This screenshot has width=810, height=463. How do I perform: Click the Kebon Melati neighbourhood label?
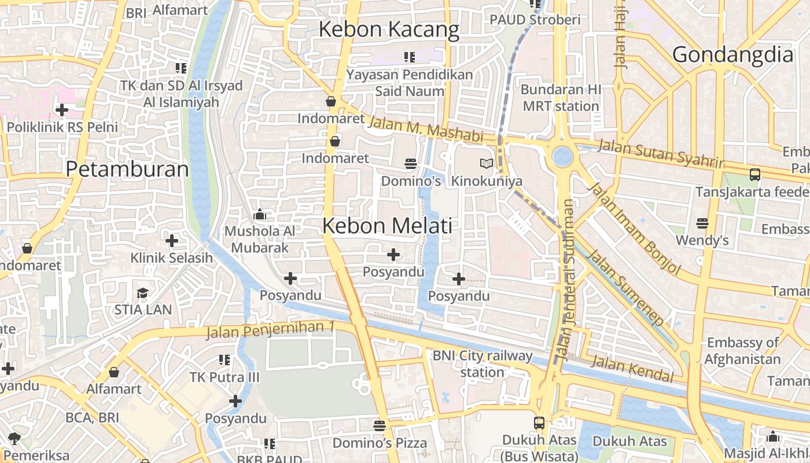click(x=387, y=226)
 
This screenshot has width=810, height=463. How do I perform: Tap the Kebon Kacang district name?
click(x=389, y=30)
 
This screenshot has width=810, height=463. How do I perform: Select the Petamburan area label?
click(x=127, y=169)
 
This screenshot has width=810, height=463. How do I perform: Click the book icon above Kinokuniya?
click(x=487, y=164)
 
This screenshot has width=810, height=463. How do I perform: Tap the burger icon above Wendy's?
click(x=702, y=223)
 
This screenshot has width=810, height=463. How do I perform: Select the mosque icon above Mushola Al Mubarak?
click(x=260, y=215)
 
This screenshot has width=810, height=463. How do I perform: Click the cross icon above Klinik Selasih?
click(x=172, y=240)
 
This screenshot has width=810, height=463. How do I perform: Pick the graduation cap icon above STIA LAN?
click(x=142, y=293)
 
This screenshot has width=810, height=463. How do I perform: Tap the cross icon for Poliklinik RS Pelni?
click(x=62, y=109)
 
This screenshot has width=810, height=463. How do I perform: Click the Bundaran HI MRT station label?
click(x=560, y=98)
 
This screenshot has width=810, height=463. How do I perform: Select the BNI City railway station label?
click(x=483, y=363)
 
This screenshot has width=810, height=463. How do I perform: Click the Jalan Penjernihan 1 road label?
click(x=271, y=329)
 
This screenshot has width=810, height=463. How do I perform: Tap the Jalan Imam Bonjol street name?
click(x=634, y=228)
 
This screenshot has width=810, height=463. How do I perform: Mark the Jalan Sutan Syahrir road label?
click(x=660, y=153)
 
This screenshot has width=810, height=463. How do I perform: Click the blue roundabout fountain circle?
click(x=562, y=156)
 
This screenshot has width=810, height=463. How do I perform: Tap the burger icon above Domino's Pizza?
click(x=380, y=426)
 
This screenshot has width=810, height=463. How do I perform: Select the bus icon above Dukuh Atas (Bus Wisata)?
click(x=539, y=422)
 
